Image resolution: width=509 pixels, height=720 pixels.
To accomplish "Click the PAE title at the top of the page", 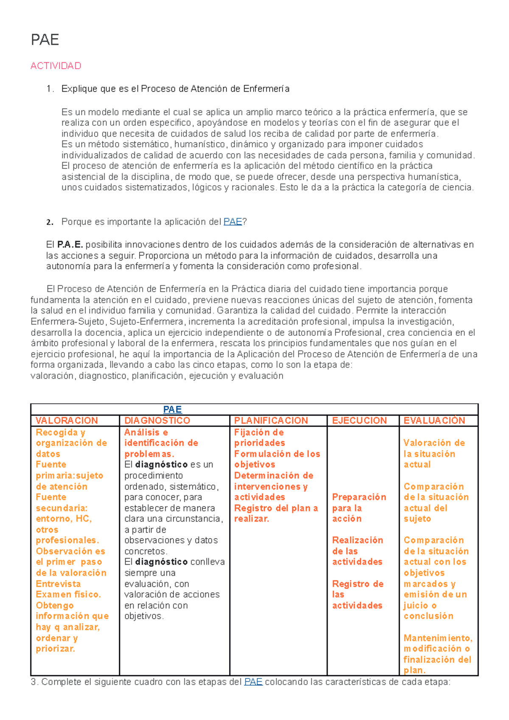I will point(45,40).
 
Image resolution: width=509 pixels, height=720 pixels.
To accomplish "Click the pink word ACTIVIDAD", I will point(56,66).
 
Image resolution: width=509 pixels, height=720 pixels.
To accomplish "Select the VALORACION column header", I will point(67,420).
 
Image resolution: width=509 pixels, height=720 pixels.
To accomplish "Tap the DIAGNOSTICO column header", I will point(157,420).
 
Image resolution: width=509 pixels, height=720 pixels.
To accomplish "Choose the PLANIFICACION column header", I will point(271,420).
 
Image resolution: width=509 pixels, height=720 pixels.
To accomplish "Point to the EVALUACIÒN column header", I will point(434,420).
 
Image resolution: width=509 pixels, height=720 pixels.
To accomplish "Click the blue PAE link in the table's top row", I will point(172,409).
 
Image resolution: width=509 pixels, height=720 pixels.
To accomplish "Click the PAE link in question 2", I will point(232,222).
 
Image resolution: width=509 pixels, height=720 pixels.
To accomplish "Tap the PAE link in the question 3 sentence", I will point(253,682).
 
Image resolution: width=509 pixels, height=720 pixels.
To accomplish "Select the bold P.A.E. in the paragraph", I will point(70,245).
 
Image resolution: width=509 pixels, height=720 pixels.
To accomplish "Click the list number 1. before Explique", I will point(50,89).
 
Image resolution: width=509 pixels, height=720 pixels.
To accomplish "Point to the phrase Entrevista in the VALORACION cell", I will point(58,584).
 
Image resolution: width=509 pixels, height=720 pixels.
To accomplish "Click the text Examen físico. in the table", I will point(68,594).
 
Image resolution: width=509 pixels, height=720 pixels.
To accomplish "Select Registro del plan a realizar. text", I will point(276,513).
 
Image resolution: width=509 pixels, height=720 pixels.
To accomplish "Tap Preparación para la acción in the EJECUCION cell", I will point(359,508).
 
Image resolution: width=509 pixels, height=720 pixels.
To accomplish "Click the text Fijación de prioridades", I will point(259,438).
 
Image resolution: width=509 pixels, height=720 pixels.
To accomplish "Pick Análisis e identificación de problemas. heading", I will point(161,443).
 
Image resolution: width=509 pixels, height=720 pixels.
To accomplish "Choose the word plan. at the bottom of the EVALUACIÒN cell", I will point(414,670).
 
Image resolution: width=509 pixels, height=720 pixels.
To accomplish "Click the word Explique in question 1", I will point(79,89).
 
